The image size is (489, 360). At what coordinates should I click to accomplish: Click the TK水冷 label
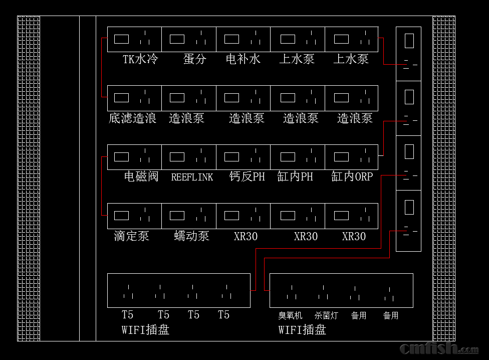point(140,59)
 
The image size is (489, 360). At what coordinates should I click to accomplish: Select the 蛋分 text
point(194,59)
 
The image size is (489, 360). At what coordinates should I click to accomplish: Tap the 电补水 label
point(243,59)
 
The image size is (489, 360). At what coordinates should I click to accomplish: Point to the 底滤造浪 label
point(133,118)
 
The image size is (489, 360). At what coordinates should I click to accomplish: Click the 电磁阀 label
point(141,176)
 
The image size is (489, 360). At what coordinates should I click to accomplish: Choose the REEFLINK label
point(192,177)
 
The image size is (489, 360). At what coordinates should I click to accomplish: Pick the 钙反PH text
point(247,176)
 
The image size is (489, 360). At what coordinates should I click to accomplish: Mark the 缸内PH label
point(295,176)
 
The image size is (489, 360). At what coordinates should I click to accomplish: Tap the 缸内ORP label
point(352,176)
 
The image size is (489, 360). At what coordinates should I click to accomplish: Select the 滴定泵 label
point(131,236)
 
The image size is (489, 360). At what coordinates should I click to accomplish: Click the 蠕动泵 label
point(191,236)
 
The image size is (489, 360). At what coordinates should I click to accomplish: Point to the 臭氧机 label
point(291,315)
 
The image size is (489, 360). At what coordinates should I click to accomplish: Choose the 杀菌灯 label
point(326,315)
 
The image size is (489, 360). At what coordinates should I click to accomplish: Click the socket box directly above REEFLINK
point(189,157)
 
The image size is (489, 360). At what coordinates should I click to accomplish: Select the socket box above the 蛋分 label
point(189,39)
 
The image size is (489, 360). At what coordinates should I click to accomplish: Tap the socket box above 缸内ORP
point(351,157)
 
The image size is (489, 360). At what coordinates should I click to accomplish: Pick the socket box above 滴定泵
point(134,216)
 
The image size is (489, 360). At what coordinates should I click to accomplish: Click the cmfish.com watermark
point(438,348)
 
